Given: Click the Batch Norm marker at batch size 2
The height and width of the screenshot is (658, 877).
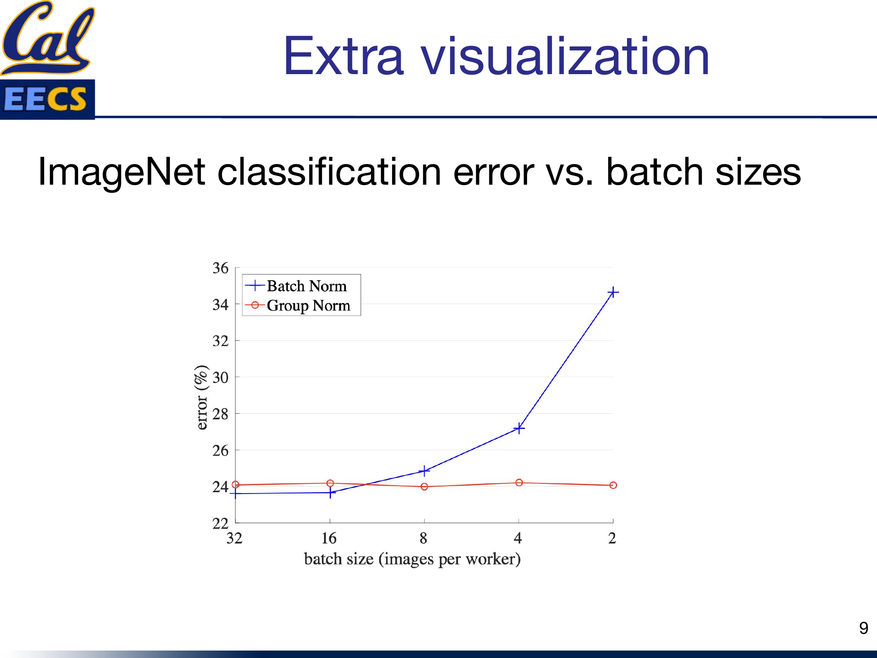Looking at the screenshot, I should pyautogui.click(x=613, y=292).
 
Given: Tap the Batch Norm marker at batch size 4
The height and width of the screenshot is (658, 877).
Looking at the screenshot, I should pyautogui.click(x=519, y=428).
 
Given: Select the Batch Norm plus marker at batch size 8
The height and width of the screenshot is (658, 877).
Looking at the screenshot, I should pyautogui.click(x=424, y=471).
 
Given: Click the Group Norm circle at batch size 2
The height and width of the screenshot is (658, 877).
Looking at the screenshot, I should pyautogui.click(x=613, y=485).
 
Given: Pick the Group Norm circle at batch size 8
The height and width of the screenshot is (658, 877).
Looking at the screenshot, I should pyautogui.click(x=424, y=486).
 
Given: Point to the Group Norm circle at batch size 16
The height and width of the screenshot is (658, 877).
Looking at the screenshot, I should pyautogui.click(x=330, y=483).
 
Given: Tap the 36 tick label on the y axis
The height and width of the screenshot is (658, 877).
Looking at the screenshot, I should pyautogui.click(x=221, y=268).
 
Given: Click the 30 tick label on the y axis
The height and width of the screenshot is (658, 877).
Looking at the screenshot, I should pyautogui.click(x=221, y=377).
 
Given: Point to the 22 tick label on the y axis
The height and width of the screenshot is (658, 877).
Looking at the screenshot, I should pyautogui.click(x=221, y=523).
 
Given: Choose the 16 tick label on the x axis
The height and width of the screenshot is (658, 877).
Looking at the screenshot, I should pyautogui.click(x=329, y=538).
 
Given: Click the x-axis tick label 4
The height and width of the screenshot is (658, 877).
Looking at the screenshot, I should pyautogui.click(x=518, y=538).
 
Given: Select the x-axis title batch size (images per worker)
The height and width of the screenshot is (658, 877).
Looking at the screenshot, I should pyautogui.click(x=412, y=559).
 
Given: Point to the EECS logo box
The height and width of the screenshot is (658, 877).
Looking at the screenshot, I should pyautogui.click(x=47, y=99).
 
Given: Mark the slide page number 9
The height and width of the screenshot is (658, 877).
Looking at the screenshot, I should pyautogui.click(x=863, y=628).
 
